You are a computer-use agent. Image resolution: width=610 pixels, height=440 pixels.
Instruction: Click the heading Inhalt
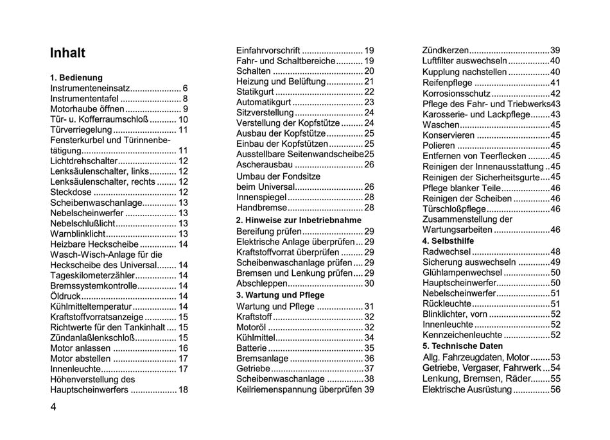pos(67,53)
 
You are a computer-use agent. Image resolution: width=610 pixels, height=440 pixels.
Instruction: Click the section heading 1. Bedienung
pos(76,78)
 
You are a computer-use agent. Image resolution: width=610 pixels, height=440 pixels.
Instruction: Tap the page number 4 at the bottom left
pos(54,407)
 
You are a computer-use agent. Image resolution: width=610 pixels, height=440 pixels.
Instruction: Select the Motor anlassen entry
pos(80,348)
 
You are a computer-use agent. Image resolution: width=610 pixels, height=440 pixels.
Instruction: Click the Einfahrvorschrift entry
pos(268,50)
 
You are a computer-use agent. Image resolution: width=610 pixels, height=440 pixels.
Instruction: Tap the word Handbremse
pos(260,208)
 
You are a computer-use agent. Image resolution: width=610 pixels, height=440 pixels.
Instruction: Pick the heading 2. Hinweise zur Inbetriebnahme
pos(299,220)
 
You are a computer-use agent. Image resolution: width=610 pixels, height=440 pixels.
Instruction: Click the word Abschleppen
pos(262,283)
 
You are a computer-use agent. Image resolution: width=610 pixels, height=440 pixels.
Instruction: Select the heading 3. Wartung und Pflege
pos(281,295)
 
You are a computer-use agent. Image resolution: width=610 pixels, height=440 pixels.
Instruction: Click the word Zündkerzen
pos(445,50)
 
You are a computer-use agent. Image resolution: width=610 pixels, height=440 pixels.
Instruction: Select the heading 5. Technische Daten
pos(462,346)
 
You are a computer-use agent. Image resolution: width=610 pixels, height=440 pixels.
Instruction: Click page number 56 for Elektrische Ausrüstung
pos(555,389)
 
